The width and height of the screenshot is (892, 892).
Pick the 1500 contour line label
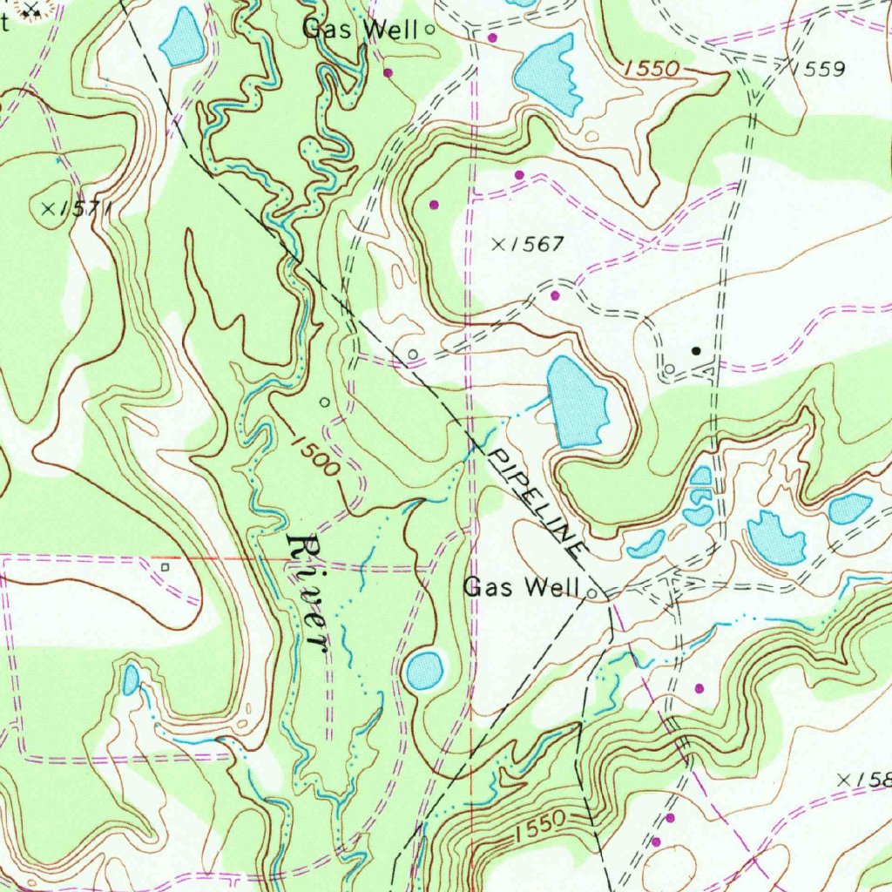(x=310, y=454)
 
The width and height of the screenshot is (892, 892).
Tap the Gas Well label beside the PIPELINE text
(x=521, y=587)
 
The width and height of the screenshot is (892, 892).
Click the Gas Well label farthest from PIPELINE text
(x=360, y=29)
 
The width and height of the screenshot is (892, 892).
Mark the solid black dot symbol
(x=695, y=351)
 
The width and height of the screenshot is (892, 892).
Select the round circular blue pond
(x=424, y=669)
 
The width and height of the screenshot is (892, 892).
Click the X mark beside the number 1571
(x=47, y=207)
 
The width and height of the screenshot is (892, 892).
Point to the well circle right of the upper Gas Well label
(x=429, y=30)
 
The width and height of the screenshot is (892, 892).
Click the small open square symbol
(x=165, y=566)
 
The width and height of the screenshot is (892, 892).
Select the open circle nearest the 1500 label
(x=325, y=402)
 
